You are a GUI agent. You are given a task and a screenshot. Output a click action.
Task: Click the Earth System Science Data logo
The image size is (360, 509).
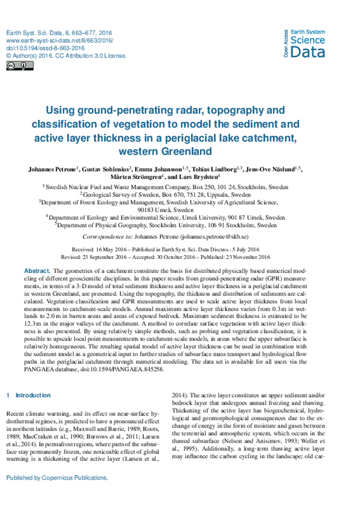pos(304,44)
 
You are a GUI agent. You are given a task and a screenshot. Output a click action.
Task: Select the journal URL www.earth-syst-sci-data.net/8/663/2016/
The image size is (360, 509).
pos(60,40)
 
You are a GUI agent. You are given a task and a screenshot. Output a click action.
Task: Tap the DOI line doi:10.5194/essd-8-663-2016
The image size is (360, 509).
pos(45,48)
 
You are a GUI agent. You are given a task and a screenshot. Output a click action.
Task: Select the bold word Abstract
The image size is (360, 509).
pos(37,271)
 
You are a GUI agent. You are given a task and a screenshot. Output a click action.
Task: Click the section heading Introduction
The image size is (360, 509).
pos(33,395)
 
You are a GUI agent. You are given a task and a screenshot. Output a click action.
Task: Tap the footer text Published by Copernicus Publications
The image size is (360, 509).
pos(57,478)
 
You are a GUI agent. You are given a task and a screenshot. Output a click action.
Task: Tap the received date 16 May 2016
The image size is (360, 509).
pos(105,249)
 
